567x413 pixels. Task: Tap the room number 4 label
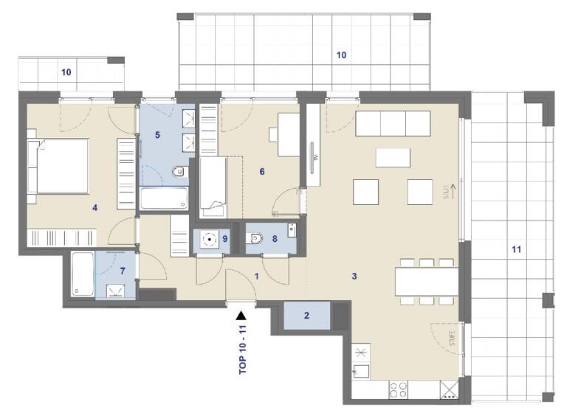94,207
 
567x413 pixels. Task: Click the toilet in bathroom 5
179,173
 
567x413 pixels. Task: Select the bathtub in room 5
164,198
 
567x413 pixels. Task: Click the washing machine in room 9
210,239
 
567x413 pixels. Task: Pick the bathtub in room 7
83,274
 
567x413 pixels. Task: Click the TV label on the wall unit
315,157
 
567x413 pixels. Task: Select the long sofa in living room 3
394,124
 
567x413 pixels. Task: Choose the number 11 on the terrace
515,249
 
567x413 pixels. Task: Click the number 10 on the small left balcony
66,72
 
